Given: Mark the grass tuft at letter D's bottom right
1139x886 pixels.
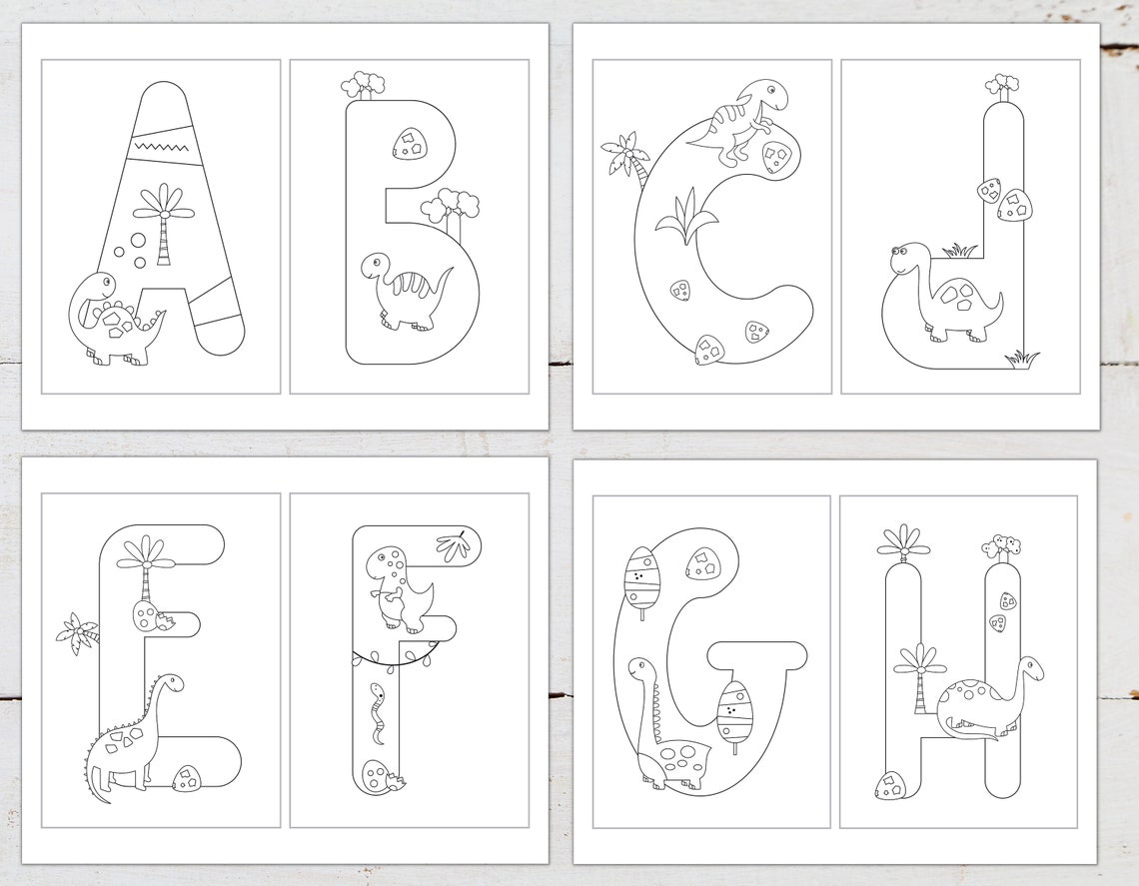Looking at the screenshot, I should click(1022, 355).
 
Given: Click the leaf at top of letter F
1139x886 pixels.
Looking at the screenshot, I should click(454, 545).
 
